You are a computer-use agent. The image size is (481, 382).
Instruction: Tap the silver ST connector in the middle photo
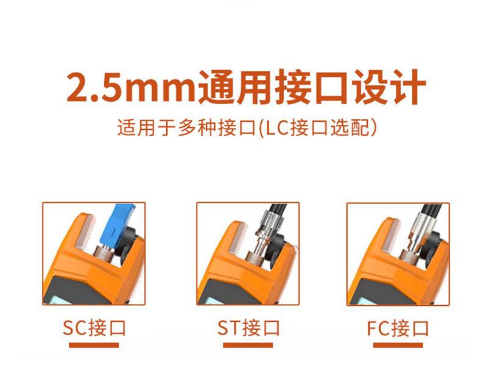[265, 229]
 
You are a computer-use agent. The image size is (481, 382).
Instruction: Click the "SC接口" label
[94, 328]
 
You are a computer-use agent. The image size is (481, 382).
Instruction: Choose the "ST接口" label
[248, 328]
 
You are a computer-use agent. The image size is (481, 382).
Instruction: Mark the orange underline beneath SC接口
[94, 345]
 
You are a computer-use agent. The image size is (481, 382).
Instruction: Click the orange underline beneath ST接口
[248, 345]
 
